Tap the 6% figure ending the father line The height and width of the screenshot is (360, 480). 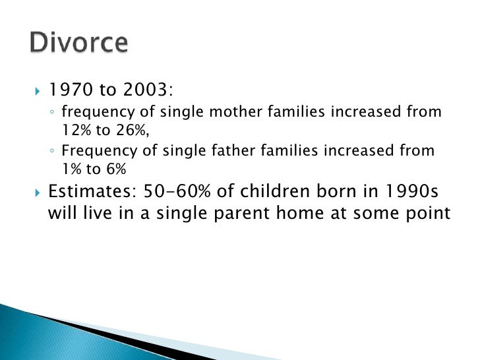[113, 169]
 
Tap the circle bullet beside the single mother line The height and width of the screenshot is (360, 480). [51, 113]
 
